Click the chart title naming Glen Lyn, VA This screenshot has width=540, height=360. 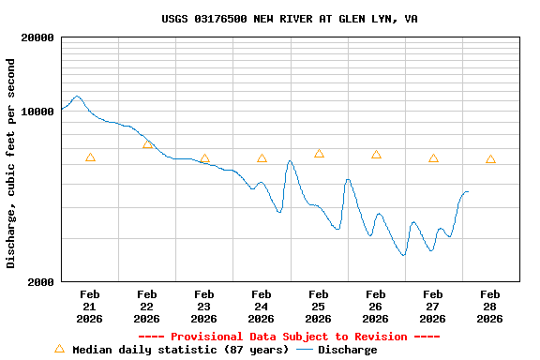click(x=290, y=19)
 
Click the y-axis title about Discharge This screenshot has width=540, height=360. click(x=11, y=163)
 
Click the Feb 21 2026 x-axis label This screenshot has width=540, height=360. click(x=89, y=307)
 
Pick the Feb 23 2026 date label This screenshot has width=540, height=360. click(x=203, y=307)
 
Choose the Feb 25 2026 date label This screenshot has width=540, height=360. click(x=318, y=307)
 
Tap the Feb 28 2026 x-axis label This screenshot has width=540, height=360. click(x=489, y=307)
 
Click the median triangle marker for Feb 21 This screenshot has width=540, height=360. click(x=90, y=157)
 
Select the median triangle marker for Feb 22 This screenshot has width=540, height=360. click(x=147, y=144)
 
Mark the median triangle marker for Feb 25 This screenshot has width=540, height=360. click(x=319, y=154)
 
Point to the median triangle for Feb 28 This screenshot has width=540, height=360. click(x=490, y=159)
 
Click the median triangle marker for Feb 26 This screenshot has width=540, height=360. click(x=376, y=155)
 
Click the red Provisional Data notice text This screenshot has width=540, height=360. click(x=290, y=337)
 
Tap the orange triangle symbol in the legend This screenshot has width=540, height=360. click(x=59, y=349)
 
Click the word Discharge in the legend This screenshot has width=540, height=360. click(x=347, y=350)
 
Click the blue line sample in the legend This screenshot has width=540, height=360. click(x=305, y=350)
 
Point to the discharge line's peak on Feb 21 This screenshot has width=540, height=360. click(x=77, y=96)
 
